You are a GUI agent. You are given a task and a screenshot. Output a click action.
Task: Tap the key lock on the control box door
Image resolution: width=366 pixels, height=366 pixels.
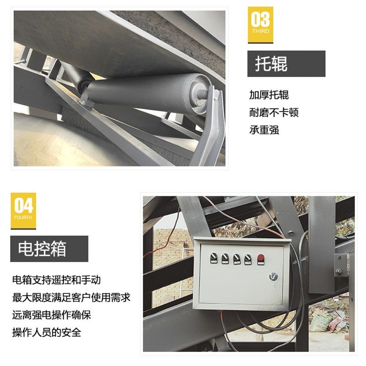tap(273, 276)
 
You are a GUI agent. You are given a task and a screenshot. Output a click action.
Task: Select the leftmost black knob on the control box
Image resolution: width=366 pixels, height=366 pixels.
tap(213, 258)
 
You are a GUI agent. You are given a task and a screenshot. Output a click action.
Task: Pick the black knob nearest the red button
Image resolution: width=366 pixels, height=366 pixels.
tap(248, 258)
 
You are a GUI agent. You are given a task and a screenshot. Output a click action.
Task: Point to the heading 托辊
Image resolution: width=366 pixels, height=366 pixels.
tap(271, 64)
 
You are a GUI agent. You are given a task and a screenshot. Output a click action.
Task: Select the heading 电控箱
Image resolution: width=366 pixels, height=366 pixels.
tap(42, 249)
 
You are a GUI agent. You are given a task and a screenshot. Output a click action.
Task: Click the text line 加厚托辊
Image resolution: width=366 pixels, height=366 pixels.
tap(269, 95)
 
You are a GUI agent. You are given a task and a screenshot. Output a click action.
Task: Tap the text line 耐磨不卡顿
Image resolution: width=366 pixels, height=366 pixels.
tap(274, 113)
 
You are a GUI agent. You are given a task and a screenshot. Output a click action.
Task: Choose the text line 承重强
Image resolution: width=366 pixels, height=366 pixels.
tap(264, 130)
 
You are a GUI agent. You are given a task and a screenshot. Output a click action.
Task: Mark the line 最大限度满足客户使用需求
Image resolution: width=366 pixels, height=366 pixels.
tap(71, 297)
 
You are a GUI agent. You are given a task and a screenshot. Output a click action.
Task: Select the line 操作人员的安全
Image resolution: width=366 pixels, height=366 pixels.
tap(47, 332)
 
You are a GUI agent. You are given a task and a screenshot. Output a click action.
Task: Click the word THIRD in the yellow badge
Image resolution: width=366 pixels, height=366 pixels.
tap(260, 32)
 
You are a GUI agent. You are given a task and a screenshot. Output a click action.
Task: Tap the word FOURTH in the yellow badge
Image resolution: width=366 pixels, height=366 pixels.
tap(23, 218)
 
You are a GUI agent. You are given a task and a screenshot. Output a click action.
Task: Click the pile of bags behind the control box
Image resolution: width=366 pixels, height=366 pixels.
tap(330, 320)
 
